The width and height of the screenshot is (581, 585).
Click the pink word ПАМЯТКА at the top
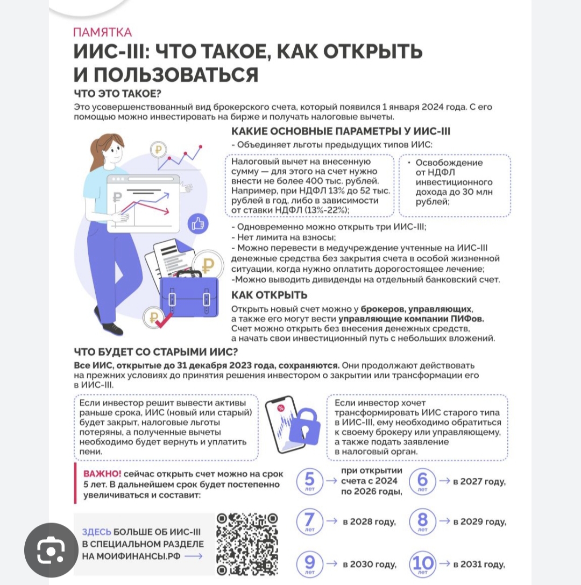102,32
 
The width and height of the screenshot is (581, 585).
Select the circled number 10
422,563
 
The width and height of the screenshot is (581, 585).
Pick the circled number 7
310,521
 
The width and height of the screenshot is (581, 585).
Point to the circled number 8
422,521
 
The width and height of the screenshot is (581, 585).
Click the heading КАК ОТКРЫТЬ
269,295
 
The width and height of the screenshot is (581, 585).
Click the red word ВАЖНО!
102,474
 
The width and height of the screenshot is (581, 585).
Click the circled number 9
310,563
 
